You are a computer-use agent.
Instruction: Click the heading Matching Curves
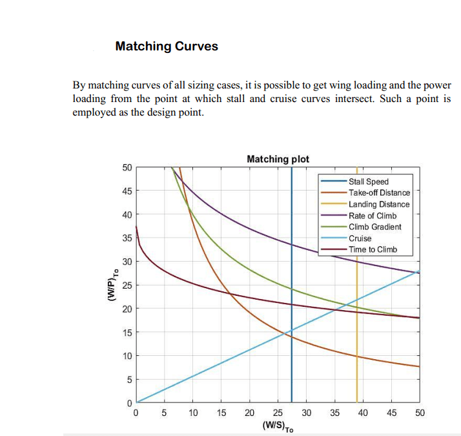[167, 47]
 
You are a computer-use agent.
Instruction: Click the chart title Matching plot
[278, 159]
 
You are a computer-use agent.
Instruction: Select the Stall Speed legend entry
[368, 182]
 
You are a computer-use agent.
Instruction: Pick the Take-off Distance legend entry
[379, 192]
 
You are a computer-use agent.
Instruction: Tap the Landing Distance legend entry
[379, 204]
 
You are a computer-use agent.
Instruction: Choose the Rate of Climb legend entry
[373, 215]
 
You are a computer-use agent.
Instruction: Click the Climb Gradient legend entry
[374, 227]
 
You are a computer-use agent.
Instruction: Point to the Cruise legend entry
[360, 238]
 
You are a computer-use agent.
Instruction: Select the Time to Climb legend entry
[373, 249]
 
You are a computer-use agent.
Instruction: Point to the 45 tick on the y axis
[127, 191]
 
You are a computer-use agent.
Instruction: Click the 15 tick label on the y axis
[127, 333]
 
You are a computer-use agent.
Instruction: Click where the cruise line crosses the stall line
[291, 331]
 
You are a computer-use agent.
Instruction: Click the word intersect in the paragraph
[380, 99]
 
